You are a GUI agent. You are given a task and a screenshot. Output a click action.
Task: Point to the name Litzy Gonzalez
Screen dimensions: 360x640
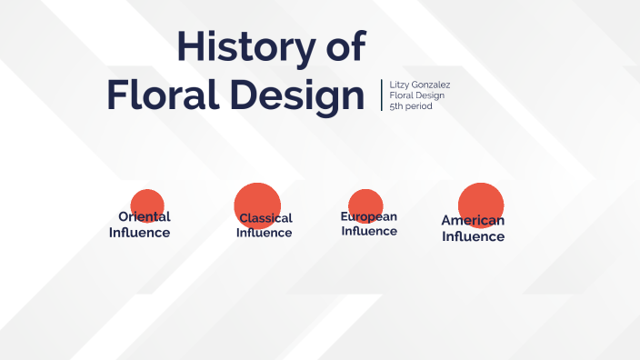point(420,85)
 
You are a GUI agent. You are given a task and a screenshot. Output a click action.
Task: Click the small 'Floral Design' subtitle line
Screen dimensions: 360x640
point(416,95)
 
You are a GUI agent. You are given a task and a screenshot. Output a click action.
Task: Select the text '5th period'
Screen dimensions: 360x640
point(411,106)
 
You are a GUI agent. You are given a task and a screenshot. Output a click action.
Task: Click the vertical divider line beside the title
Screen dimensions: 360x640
point(382,95)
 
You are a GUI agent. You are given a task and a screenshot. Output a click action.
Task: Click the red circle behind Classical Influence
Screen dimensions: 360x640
point(257,202)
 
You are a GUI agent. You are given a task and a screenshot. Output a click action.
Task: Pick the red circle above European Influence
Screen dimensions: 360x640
point(365,203)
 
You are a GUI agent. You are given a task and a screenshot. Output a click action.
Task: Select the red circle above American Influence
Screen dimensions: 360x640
point(481,202)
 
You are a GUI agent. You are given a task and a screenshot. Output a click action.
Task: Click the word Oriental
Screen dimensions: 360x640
point(145,216)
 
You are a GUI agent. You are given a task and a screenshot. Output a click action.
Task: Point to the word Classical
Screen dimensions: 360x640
point(265,218)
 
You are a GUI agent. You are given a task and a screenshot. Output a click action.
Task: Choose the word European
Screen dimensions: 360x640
point(369,216)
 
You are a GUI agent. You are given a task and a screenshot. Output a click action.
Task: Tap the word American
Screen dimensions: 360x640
point(473,220)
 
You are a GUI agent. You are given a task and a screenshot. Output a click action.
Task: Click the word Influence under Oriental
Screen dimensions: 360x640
point(140,232)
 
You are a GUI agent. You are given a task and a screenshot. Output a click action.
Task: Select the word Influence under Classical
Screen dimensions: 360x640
point(265,233)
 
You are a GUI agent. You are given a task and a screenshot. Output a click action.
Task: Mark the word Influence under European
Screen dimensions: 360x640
point(369,231)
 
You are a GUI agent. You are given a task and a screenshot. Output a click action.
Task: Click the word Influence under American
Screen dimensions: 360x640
point(474,236)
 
